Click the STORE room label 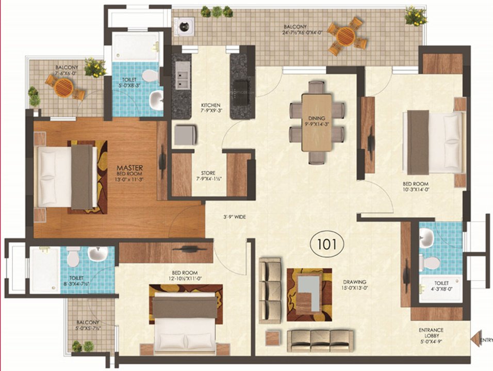209,173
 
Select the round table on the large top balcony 346,36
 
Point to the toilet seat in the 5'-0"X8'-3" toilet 150,76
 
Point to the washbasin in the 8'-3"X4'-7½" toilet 97,254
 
